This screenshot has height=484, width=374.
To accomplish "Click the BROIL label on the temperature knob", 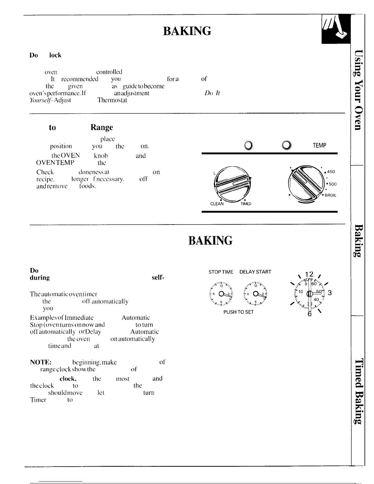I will pos(330,196).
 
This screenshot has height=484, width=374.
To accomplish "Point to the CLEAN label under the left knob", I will pos(217,204).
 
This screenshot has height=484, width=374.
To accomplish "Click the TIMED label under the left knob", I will pos(246,204).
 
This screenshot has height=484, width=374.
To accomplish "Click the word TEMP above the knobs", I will pos(319,145).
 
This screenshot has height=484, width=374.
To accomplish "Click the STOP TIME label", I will pos(221,272).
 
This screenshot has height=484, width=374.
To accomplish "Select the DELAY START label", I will pos(255,272).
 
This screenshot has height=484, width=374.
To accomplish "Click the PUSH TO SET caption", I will pos(238,312).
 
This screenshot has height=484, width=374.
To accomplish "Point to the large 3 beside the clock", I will pos(330,293).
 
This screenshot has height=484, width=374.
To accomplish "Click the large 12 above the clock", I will pos(309,274).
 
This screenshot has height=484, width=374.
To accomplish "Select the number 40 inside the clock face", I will pos(316,300).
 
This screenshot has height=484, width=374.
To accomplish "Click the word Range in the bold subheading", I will pos(101,127).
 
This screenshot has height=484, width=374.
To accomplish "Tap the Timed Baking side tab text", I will pos(358,391).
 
